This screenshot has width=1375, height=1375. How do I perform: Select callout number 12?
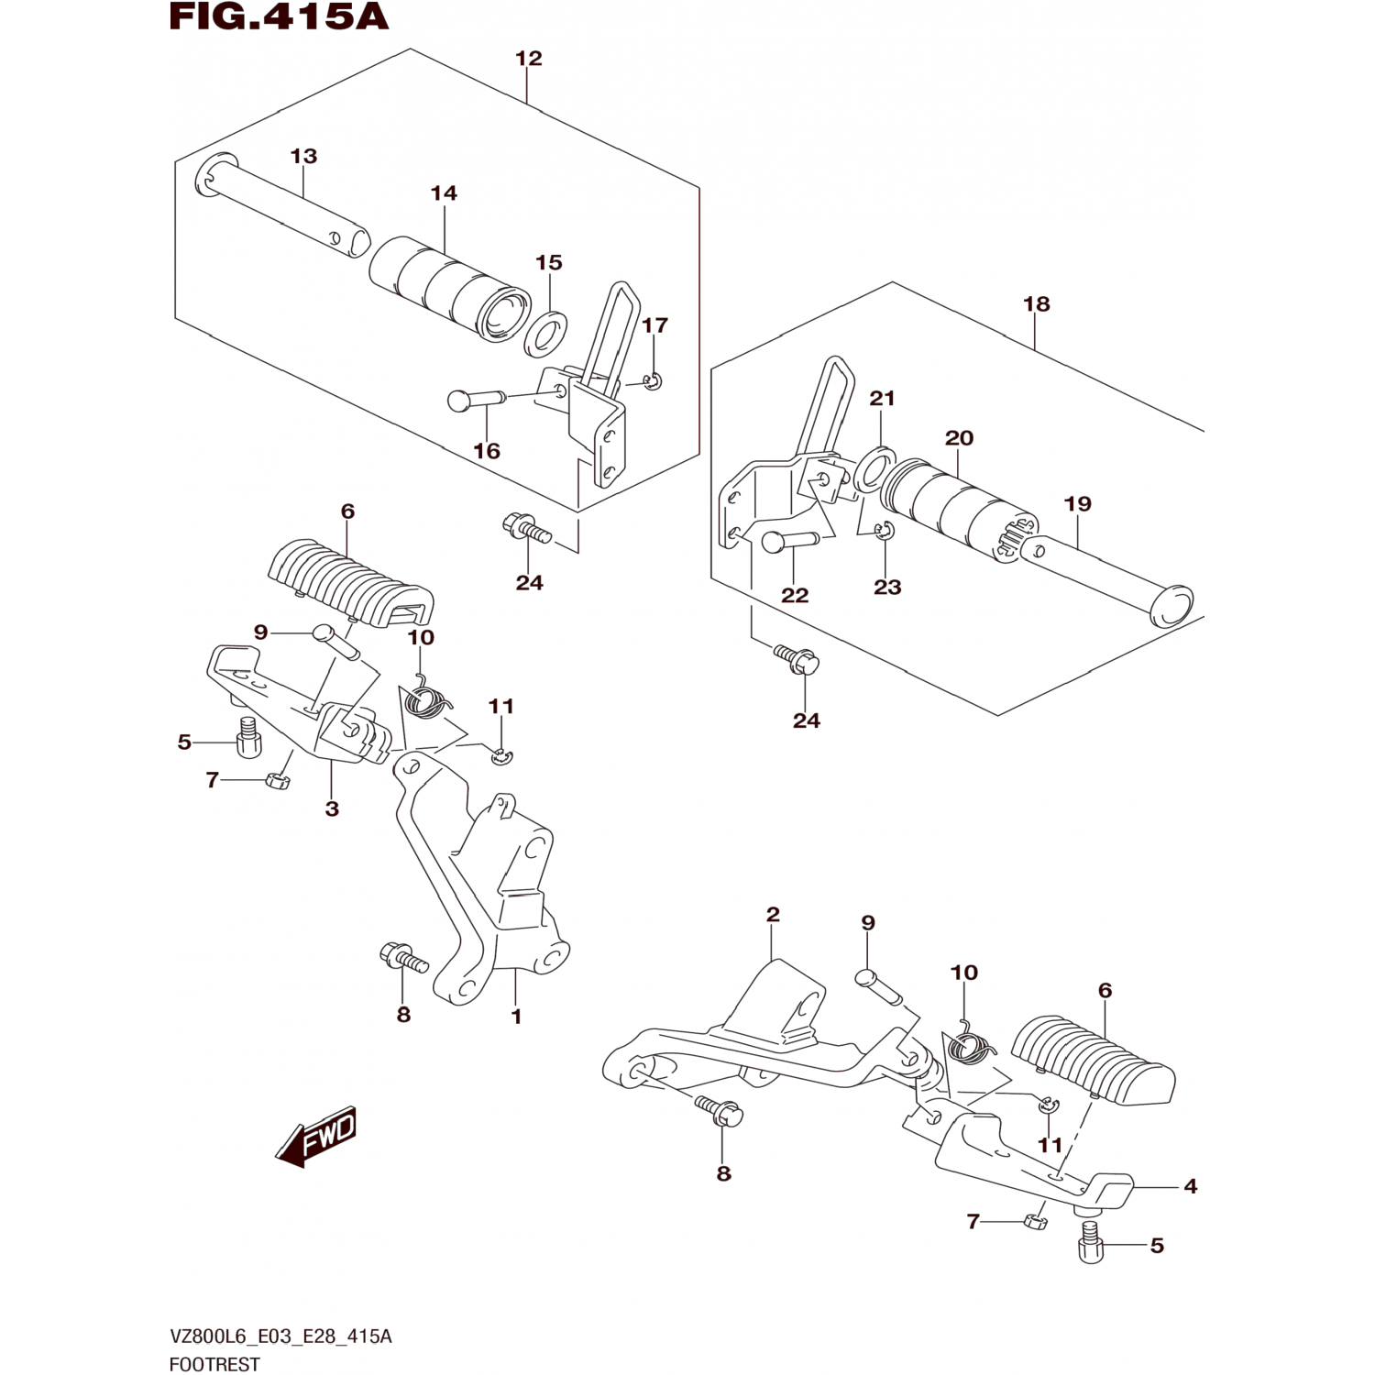[x=528, y=59]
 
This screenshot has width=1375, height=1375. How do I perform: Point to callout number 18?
[x=1036, y=304]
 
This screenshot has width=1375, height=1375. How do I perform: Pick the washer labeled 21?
[x=876, y=467]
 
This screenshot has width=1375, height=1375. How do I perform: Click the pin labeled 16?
[x=476, y=400]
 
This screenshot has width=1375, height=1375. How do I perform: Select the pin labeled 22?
[x=791, y=542]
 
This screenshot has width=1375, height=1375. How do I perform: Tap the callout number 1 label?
[x=516, y=1016]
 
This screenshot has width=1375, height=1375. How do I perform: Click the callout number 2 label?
[x=773, y=914]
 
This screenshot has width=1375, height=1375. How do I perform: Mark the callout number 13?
[x=303, y=156]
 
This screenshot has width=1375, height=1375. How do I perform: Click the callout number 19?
[x=1078, y=503]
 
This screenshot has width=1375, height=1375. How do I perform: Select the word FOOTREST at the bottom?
[x=214, y=1364]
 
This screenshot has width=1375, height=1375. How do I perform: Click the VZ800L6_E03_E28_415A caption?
[x=280, y=1336]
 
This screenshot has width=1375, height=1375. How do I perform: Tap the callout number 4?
[x=1190, y=1186]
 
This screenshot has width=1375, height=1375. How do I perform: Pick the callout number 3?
[x=332, y=808]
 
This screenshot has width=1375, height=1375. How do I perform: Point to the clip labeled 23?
[x=885, y=532]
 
